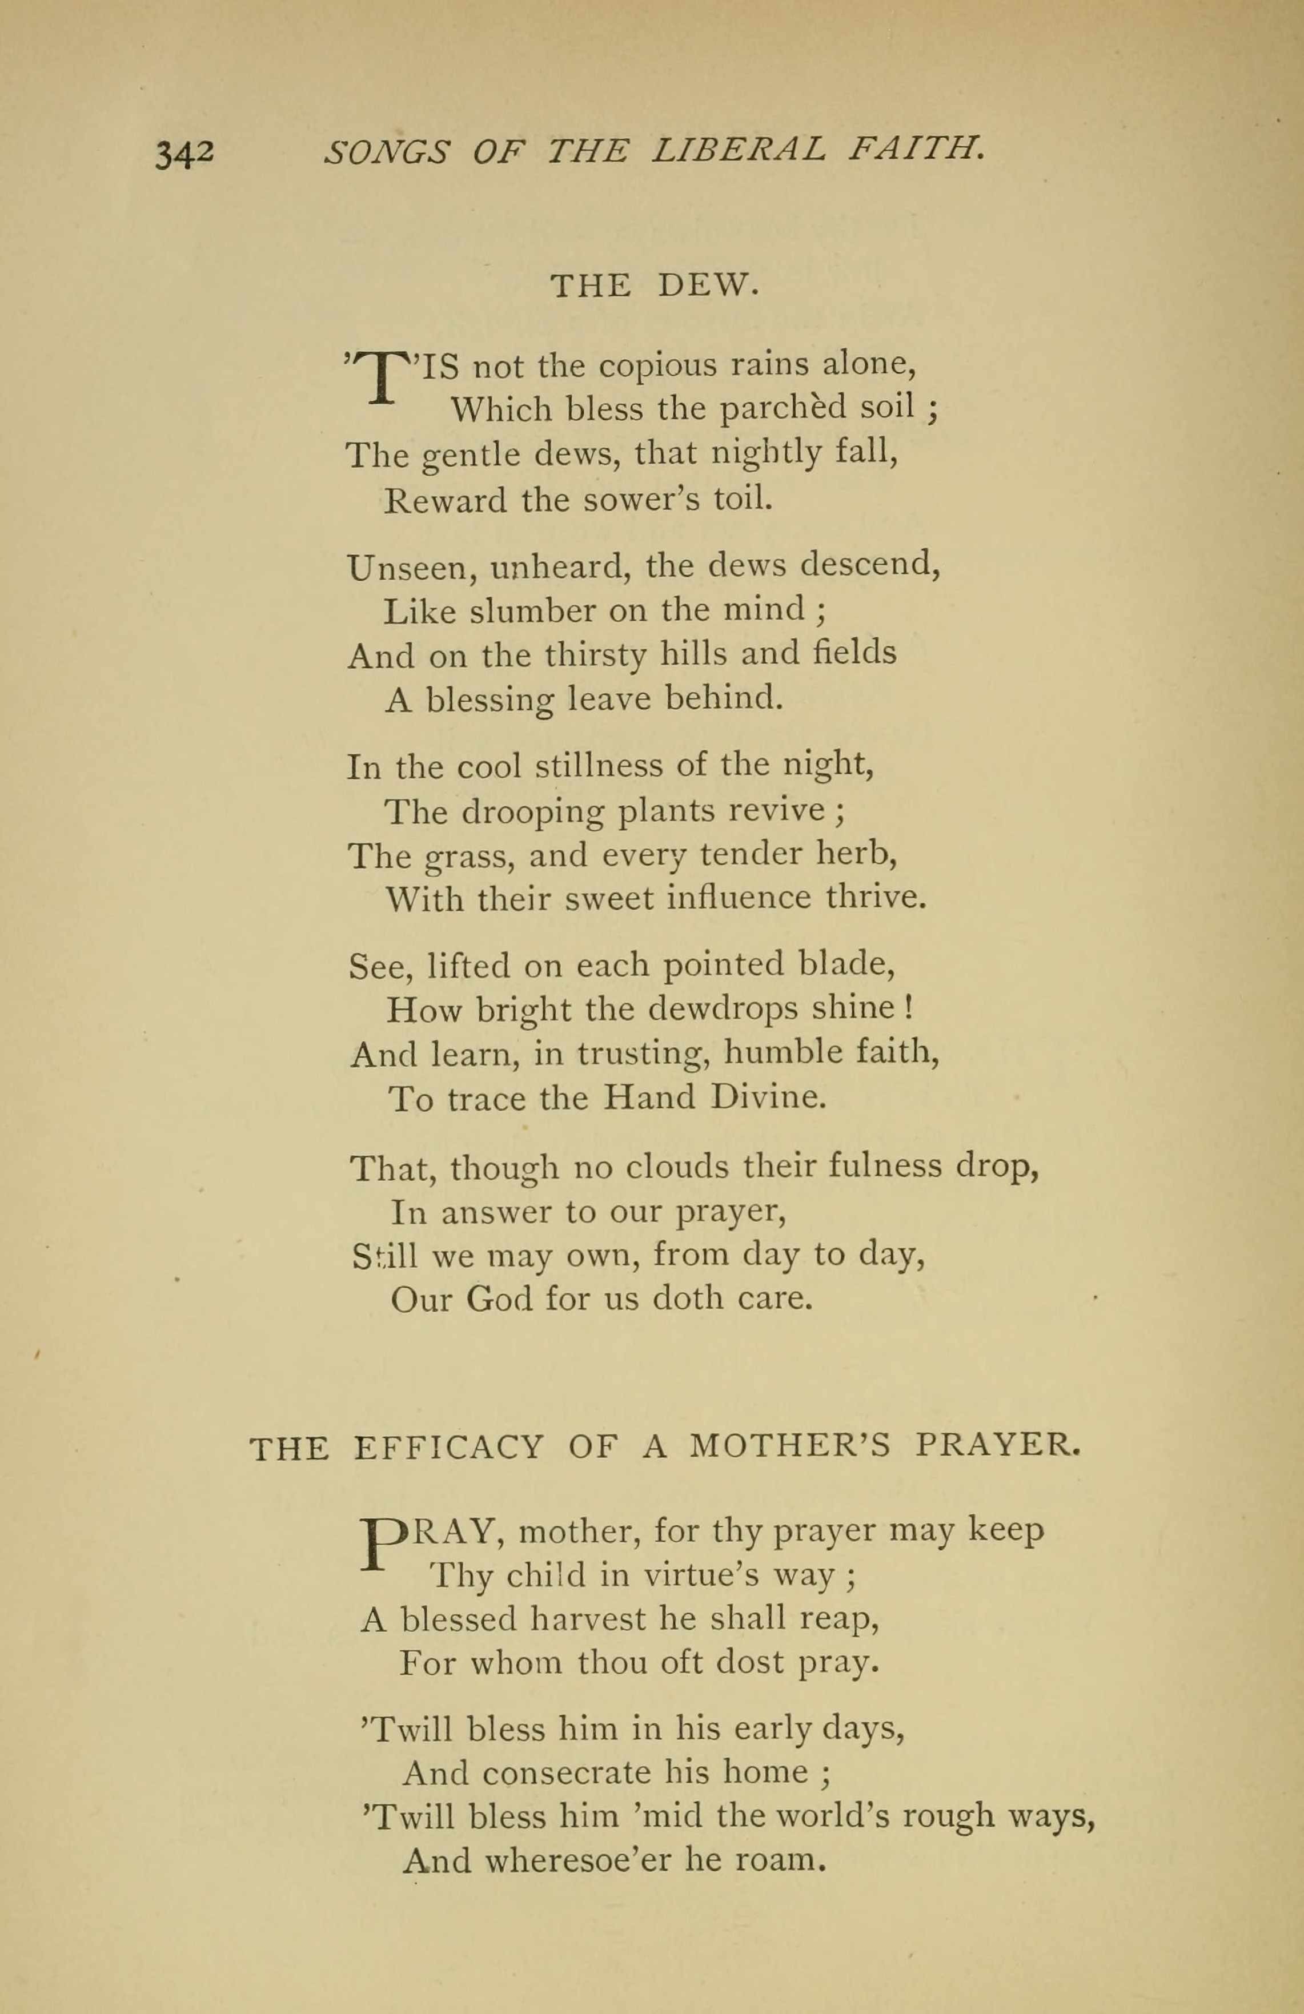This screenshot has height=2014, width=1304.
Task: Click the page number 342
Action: (x=184, y=154)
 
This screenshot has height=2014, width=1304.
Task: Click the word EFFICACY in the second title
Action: (x=448, y=1448)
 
